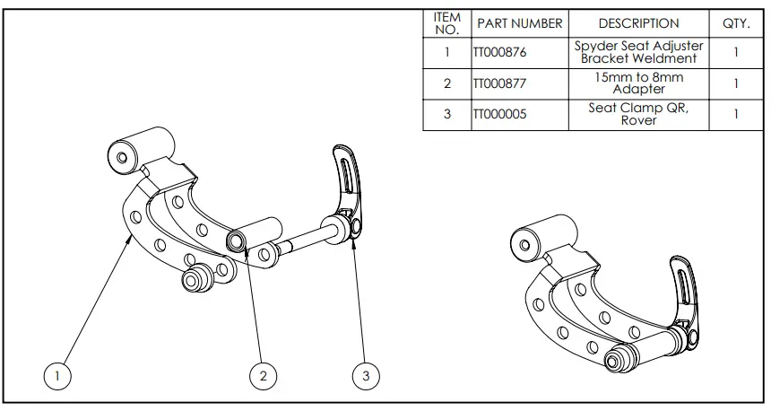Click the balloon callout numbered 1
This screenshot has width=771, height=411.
(58, 376)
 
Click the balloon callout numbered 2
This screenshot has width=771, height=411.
(263, 376)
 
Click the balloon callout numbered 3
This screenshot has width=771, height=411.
(365, 376)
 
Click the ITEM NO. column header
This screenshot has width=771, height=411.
(446, 23)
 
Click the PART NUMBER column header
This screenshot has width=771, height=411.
(519, 23)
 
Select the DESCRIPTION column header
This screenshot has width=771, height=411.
(638, 23)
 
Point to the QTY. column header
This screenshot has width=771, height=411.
(735, 23)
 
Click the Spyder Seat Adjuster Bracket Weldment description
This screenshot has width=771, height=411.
(638, 52)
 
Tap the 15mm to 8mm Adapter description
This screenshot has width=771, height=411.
(638, 83)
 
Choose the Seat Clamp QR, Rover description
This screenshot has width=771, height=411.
(638, 115)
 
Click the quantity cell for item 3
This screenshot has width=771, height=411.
(735, 115)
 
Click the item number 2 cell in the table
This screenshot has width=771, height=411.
(446, 83)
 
